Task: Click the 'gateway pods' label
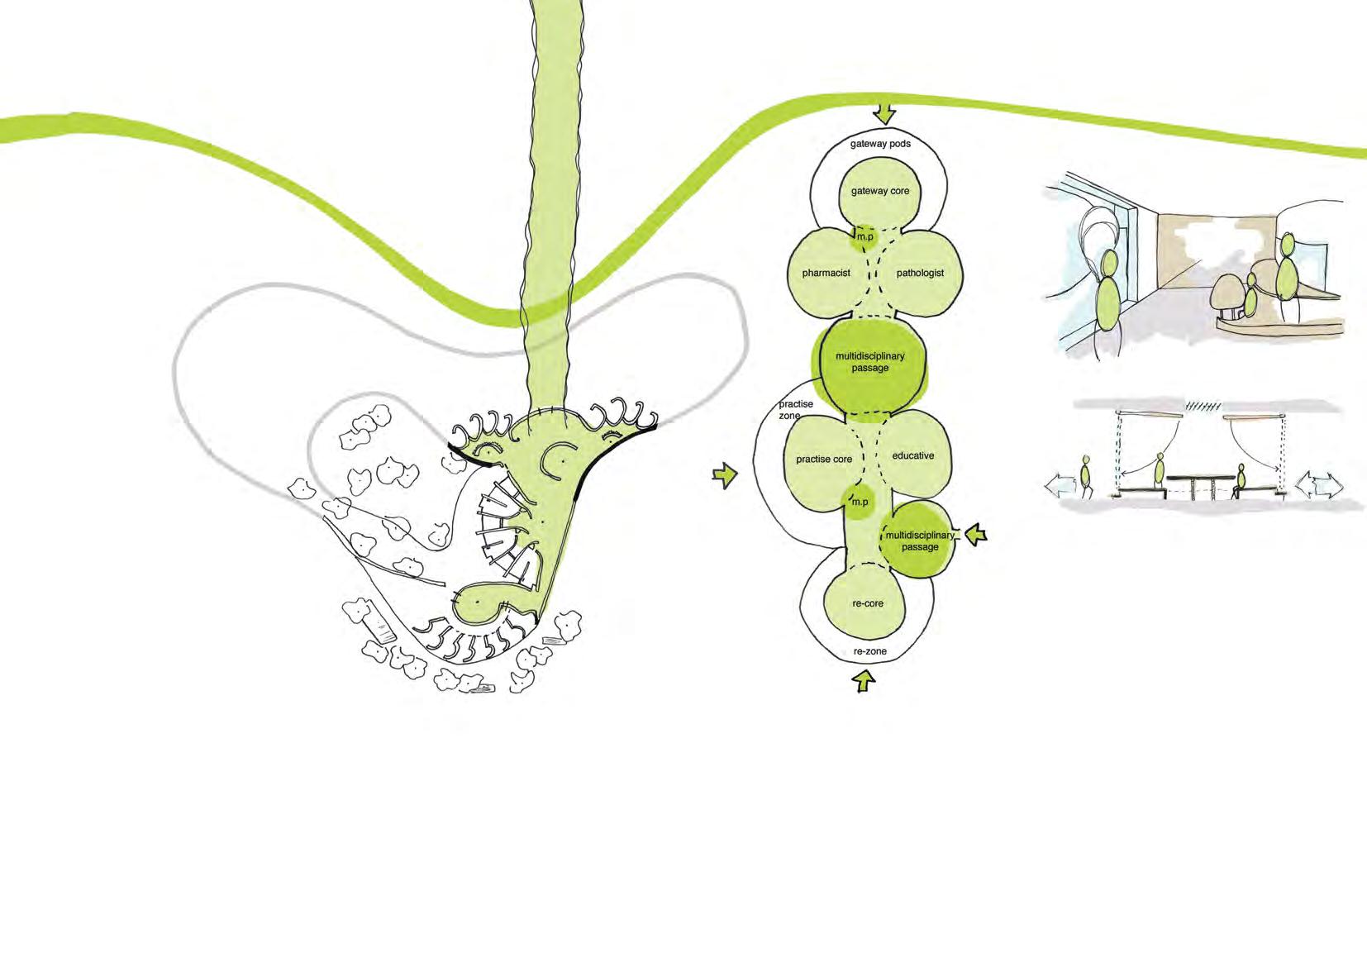[x=880, y=144]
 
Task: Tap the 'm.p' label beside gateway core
[x=864, y=236]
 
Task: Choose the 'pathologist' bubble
[x=920, y=273]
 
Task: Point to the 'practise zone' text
[x=795, y=410]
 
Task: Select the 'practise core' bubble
[x=825, y=458]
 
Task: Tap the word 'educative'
[x=913, y=455]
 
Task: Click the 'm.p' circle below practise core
[x=860, y=503]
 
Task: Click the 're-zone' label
[x=869, y=651]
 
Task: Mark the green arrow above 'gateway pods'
[x=885, y=113]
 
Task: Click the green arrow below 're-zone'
[x=864, y=679]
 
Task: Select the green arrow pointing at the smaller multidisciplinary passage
[x=976, y=534]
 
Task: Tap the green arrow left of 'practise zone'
[x=725, y=475]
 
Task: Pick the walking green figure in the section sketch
[x=1085, y=478]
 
